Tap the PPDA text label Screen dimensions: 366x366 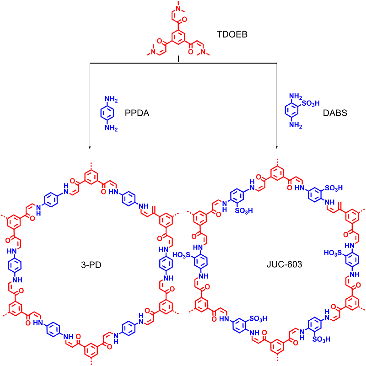136,113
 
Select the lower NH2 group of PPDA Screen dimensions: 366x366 110,129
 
